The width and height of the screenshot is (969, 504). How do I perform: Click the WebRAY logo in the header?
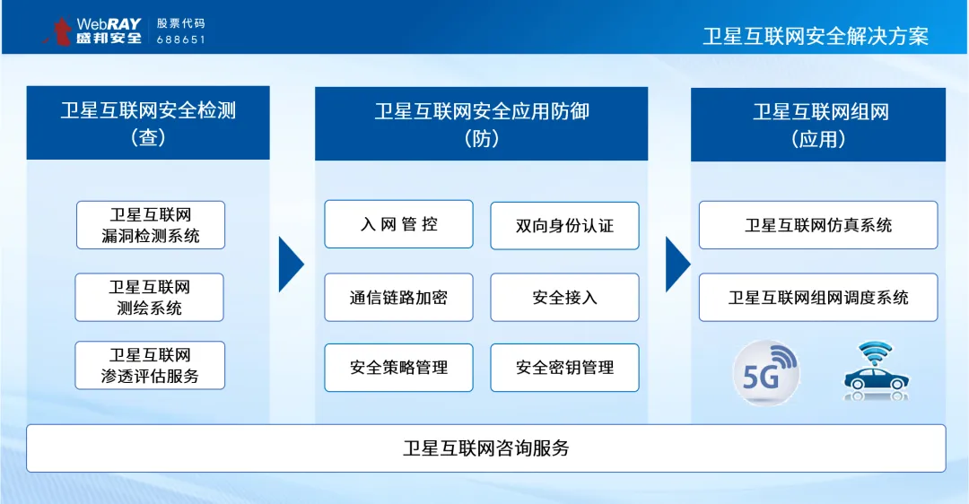(x=92, y=30)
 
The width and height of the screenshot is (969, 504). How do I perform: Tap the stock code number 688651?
(x=180, y=39)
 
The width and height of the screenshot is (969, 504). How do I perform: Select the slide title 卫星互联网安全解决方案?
(x=816, y=36)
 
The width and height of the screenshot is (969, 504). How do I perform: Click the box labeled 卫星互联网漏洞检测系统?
(x=151, y=225)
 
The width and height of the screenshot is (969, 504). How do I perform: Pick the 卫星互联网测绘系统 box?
(x=150, y=297)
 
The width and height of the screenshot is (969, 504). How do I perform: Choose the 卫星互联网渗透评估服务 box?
(x=150, y=365)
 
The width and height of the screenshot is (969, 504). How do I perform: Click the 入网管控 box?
(x=398, y=223)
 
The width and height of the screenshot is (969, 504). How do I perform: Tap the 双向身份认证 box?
(x=565, y=225)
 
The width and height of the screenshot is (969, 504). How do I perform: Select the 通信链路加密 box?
(x=398, y=297)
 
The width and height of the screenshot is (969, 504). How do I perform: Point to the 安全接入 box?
(x=565, y=297)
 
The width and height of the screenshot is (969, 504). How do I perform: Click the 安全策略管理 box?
(x=398, y=368)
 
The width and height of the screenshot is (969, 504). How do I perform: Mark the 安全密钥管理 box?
(x=565, y=368)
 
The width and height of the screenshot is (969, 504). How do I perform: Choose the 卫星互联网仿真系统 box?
(x=818, y=225)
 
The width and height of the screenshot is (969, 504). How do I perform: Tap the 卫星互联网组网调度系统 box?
(x=818, y=297)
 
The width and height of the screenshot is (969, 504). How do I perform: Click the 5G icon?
(x=766, y=372)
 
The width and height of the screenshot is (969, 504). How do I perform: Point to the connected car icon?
(x=877, y=370)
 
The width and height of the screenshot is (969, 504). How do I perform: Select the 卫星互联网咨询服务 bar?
(x=485, y=448)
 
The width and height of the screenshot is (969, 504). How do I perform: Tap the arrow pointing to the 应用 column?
(x=677, y=265)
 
